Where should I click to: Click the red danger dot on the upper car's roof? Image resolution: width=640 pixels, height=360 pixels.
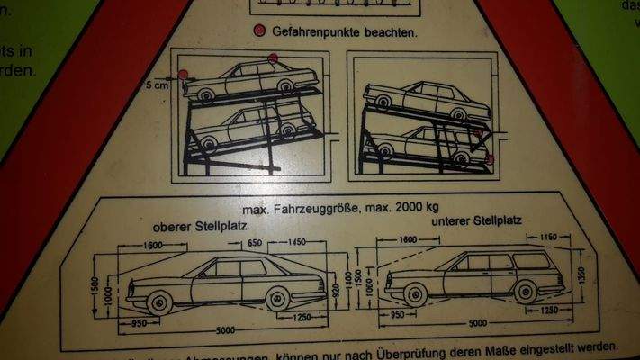tap(271, 60)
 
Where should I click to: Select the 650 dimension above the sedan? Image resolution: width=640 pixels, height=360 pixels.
tap(255, 243)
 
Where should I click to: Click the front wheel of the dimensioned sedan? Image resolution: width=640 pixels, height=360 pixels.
tap(158, 301)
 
